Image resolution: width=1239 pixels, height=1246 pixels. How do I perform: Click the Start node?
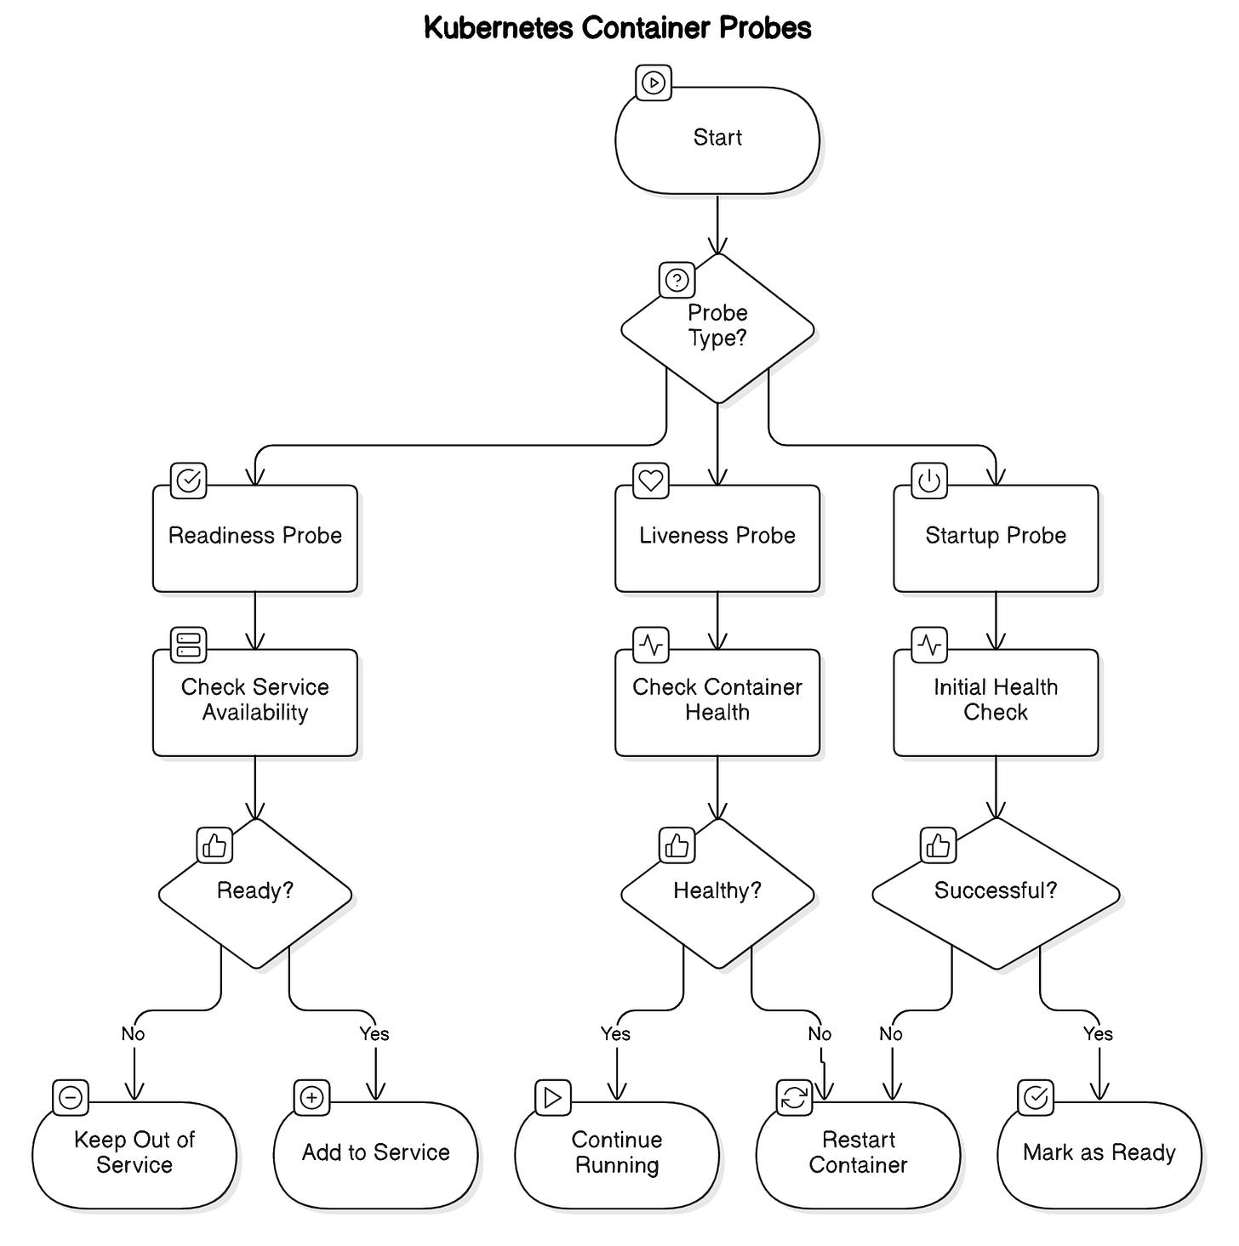[717, 140]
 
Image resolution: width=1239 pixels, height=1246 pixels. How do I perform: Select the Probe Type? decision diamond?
[717, 328]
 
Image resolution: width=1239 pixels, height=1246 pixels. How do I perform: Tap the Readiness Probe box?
[255, 538]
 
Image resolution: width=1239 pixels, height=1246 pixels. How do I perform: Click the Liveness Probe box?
[717, 538]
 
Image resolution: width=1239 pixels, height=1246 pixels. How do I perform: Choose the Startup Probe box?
[995, 538]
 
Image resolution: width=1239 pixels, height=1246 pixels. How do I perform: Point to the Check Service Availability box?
[255, 703]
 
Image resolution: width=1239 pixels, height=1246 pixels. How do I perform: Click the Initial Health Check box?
[995, 703]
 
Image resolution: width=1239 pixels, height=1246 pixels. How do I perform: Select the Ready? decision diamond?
[255, 893]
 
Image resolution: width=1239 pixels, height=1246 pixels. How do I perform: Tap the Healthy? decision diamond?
[717, 893]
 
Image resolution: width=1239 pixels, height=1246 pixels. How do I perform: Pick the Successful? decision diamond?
[995, 893]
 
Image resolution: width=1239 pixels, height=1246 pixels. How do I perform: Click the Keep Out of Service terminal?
[134, 1155]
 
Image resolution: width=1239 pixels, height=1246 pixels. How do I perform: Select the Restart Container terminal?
[858, 1155]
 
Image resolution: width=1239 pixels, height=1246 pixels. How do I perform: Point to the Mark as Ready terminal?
[1099, 1155]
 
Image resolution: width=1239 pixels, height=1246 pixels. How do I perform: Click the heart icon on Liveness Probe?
[650, 481]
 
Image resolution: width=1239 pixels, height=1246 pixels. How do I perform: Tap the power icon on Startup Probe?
[929, 481]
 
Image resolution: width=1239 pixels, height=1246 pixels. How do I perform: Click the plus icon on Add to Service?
[311, 1097]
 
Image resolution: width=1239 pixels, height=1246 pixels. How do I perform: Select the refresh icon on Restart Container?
[794, 1097]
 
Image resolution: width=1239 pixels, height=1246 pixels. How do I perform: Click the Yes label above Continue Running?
[614, 1033]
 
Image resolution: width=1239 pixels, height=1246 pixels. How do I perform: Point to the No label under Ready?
[133, 1033]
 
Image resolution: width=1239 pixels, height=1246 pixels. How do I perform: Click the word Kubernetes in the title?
[498, 28]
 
